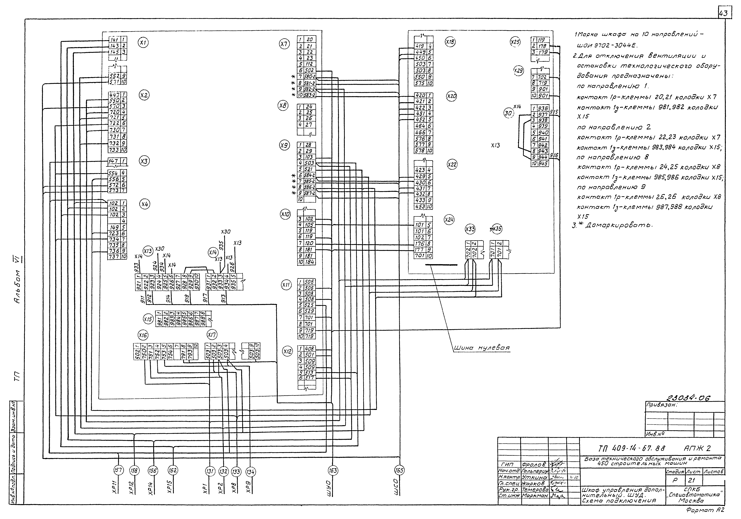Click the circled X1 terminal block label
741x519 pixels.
coord(143,42)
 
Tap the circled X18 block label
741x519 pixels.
coord(450,42)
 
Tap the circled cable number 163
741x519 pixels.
coord(333,471)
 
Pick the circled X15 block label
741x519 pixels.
coord(148,319)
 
